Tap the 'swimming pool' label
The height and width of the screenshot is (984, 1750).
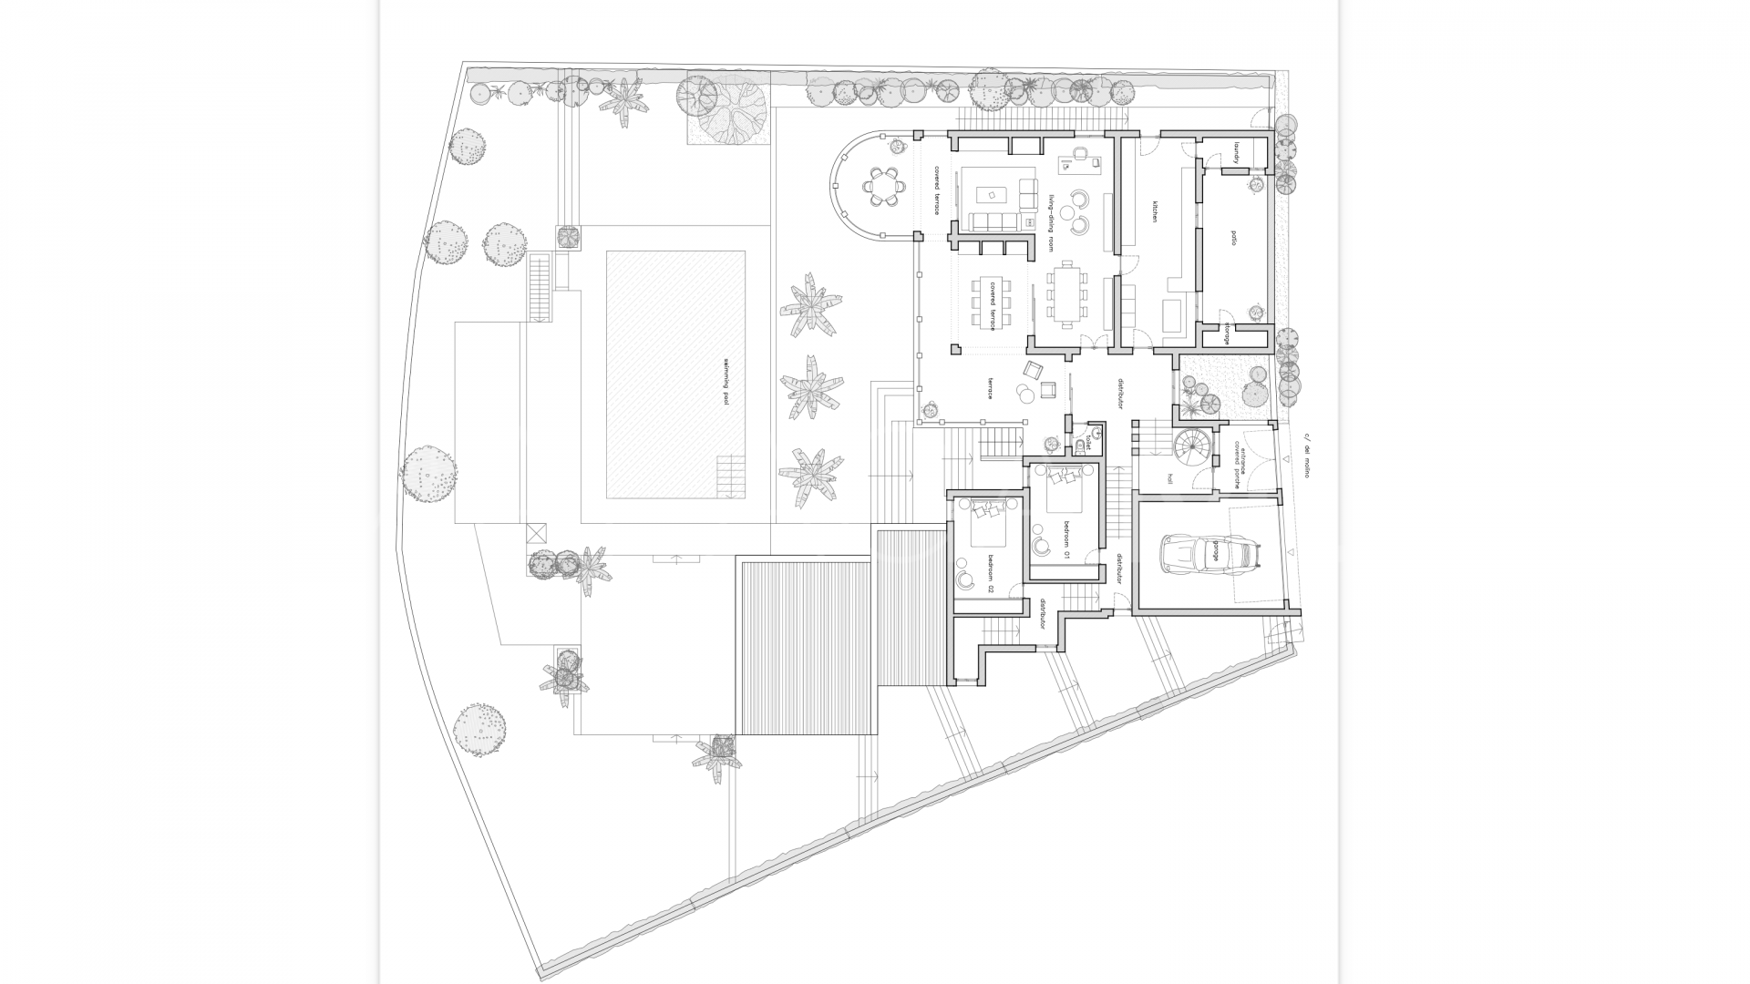tap(726, 381)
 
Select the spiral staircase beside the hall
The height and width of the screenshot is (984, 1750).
tap(1193, 447)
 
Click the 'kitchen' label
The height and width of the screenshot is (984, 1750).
tap(1153, 212)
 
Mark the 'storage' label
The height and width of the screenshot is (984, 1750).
tap(1227, 333)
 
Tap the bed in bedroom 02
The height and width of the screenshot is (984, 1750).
tap(986, 525)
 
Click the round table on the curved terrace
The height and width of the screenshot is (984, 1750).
tap(883, 187)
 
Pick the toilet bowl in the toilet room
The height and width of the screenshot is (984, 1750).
tap(1082, 446)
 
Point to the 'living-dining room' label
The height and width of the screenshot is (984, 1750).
tap(1051, 223)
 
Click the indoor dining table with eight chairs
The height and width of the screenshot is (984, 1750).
tap(1065, 294)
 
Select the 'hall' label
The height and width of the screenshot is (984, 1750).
tap(1168, 477)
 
